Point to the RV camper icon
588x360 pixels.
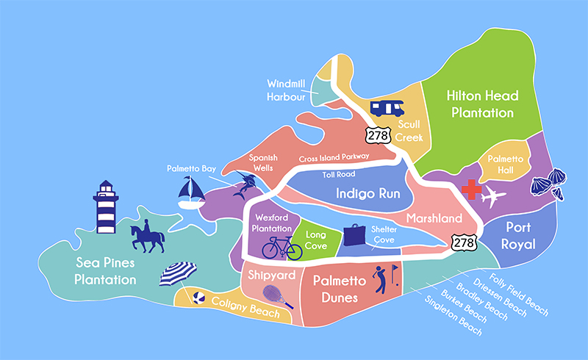pyautogui.click(x=386, y=108)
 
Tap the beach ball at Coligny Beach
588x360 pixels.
pyautogui.click(x=198, y=298)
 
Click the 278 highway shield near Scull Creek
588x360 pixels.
pyautogui.click(x=374, y=133)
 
